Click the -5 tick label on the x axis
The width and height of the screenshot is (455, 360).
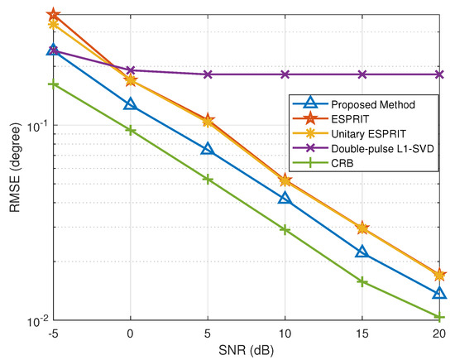[x=53, y=334]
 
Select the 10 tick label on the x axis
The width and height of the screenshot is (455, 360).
[x=285, y=334]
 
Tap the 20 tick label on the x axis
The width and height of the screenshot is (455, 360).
[x=439, y=334]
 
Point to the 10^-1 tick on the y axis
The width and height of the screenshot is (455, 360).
[x=34, y=126]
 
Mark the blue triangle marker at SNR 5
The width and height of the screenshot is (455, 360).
[x=208, y=149]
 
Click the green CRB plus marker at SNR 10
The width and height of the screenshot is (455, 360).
[x=285, y=229]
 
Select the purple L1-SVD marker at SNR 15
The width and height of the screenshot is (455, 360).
[x=362, y=74]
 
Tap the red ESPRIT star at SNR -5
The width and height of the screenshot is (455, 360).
[x=53, y=15]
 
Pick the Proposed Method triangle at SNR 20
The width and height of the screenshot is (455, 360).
[x=439, y=293]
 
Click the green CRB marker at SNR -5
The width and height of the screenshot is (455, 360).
[x=53, y=84]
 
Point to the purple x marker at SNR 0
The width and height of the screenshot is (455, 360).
[x=130, y=70]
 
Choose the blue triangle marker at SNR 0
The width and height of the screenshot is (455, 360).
[x=130, y=104]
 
